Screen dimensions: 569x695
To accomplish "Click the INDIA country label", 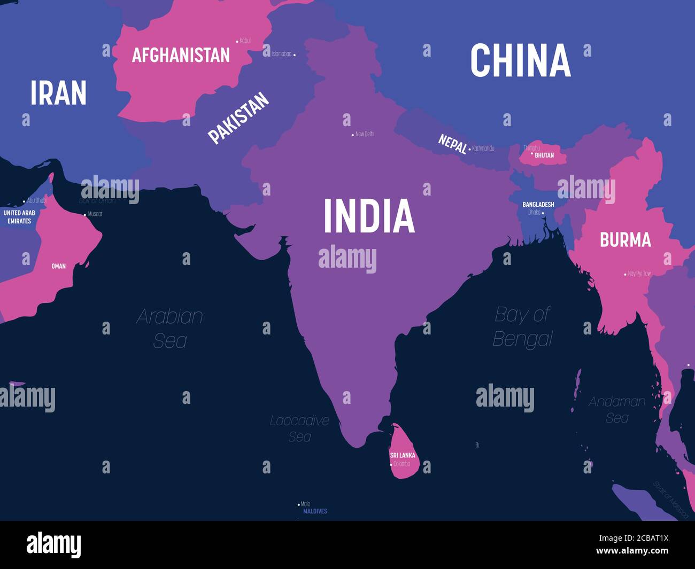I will pos(369,215).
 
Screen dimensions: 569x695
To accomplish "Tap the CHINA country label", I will pos(520,60).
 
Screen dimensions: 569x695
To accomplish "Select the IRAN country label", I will pos(58,93).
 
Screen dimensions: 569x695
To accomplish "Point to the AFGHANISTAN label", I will pos(181,55).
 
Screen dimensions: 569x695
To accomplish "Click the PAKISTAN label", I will pos(238,118).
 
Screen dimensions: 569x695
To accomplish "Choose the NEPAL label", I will pos(452,144).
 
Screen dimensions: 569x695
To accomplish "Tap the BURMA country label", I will pos(625,240).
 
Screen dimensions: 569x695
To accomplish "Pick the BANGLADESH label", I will pos(538,205).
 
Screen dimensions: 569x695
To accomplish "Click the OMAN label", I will pos(58,266).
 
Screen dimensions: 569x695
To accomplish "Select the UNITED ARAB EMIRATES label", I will pos(19,217).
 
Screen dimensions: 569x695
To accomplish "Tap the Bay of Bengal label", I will pos(522,326).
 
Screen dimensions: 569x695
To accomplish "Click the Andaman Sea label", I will pos(617,409).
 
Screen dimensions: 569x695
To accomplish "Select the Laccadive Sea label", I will pos(299,428).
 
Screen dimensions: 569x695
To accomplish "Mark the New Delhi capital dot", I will pos(352,135).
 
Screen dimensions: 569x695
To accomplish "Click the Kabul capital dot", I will pos(237,41).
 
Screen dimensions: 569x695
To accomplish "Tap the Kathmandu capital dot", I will pos(469,149).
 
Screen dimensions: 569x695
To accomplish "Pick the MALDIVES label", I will pos(315,511).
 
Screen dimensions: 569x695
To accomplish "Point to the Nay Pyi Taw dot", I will pos(625,275).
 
